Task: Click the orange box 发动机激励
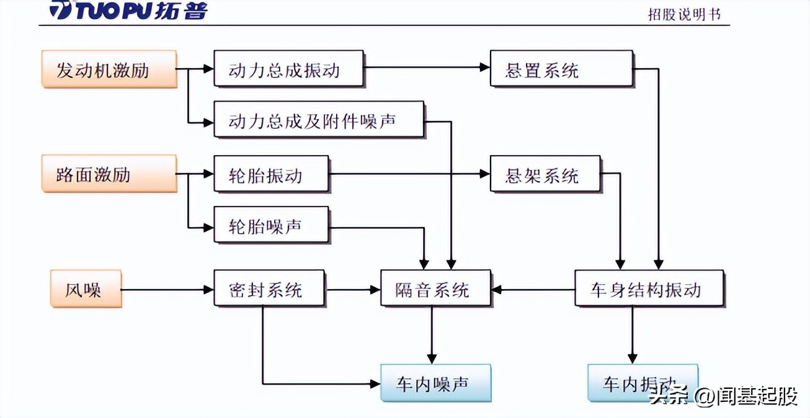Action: (x=110, y=69)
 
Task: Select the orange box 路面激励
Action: (x=110, y=174)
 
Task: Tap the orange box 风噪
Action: (x=86, y=288)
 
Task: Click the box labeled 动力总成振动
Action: (x=288, y=69)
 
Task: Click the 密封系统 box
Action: (x=269, y=288)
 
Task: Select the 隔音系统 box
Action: (x=435, y=288)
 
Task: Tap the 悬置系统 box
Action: (x=561, y=69)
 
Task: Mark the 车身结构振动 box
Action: (x=649, y=288)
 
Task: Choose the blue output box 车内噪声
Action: (x=435, y=384)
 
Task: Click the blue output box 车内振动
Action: (x=643, y=384)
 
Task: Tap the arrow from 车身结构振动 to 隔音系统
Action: (x=533, y=289)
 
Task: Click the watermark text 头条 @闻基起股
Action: (x=723, y=396)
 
